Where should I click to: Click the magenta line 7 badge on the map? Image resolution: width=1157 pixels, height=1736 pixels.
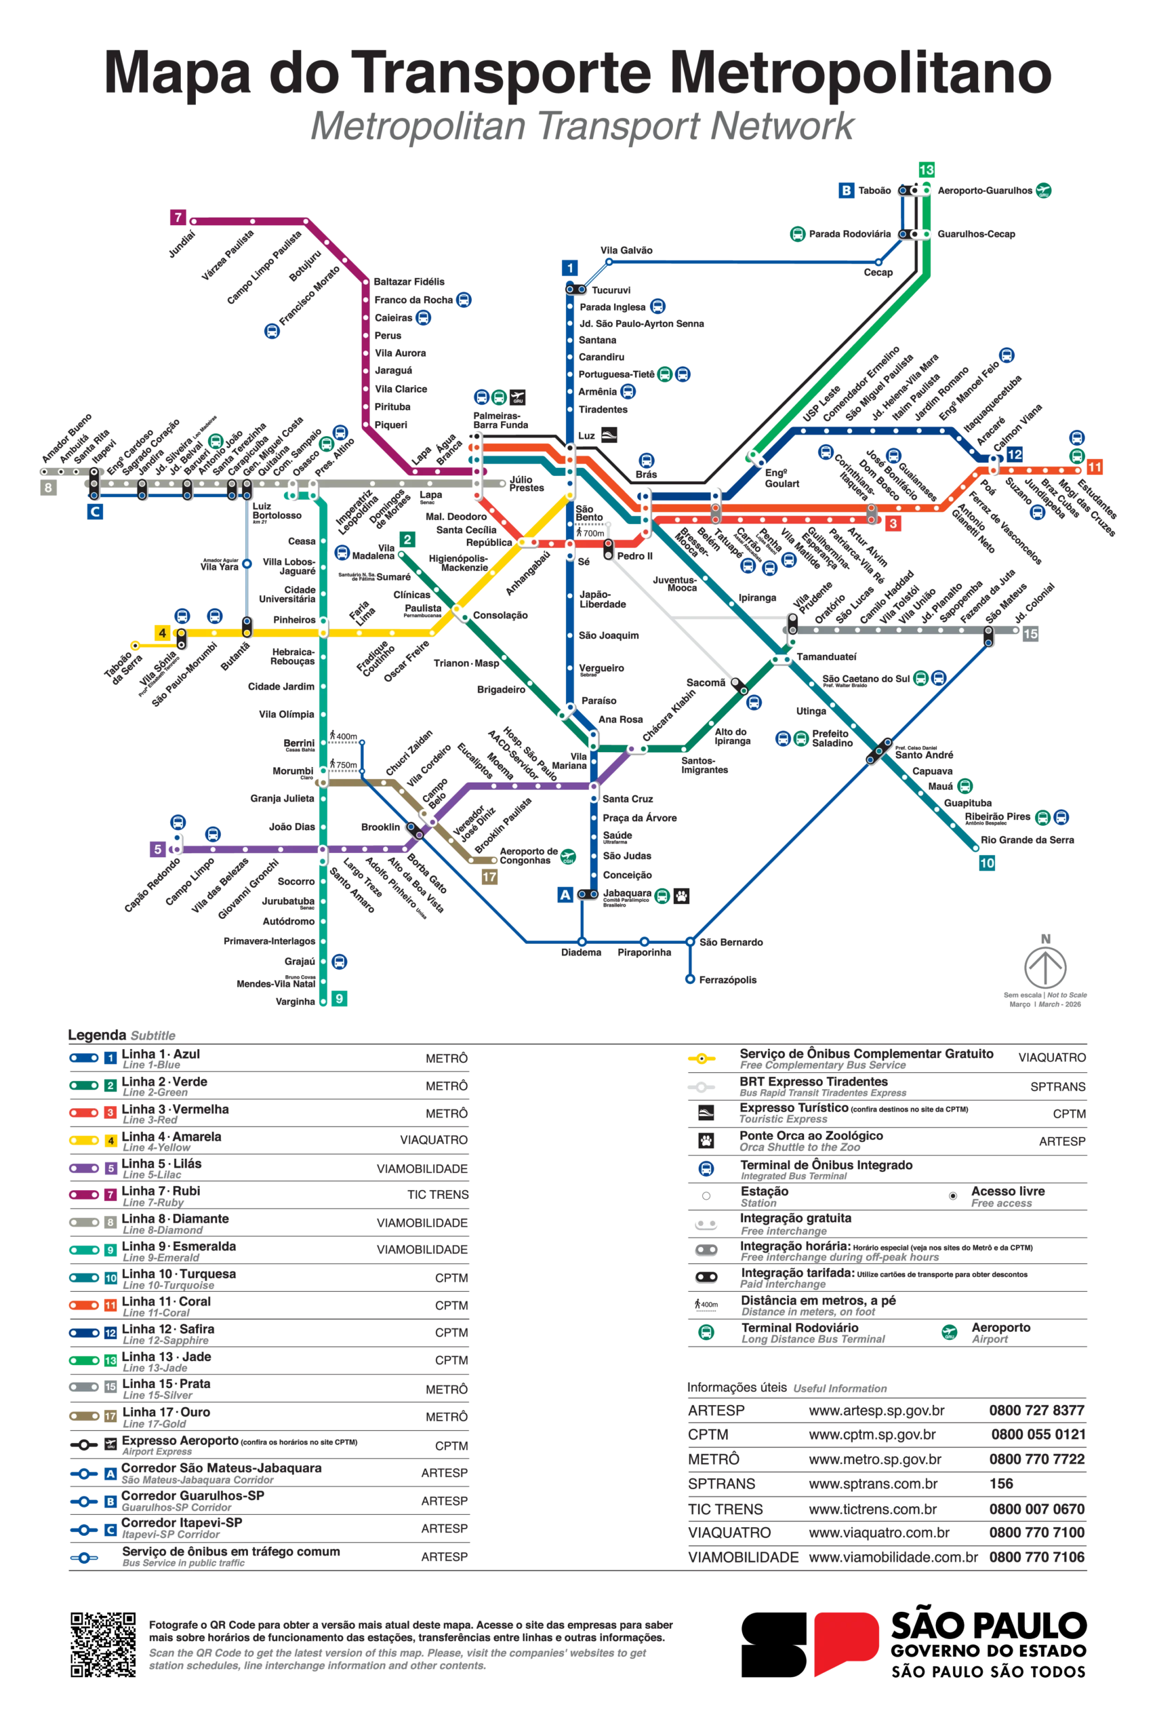pos(177,217)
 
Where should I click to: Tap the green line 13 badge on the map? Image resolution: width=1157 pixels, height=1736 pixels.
pos(926,170)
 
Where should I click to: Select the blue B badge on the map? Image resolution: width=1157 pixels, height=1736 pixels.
pos(847,191)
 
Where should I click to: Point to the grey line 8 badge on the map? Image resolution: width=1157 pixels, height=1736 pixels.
pos(48,487)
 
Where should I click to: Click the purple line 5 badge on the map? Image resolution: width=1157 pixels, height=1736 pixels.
pos(157,850)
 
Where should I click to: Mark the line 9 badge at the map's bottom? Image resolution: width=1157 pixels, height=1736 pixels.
pos(340,998)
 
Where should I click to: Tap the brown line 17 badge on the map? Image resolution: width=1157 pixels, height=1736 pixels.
pos(489,877)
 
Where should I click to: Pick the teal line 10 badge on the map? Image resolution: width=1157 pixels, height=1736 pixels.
pos(987,863)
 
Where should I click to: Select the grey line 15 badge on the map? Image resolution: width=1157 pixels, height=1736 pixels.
pos(1030,634)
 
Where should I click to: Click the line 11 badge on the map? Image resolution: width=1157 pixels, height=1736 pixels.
pos(1094,467)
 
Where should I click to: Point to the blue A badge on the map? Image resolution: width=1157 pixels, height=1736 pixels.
pos(565,894)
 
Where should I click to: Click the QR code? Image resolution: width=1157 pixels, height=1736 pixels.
pos(102,1646)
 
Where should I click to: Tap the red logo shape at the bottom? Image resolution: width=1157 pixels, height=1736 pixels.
pos(847,1642)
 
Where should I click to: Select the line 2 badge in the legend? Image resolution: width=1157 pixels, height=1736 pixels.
pos(110,1085)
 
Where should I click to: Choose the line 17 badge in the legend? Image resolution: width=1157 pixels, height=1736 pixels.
pos(110,1416)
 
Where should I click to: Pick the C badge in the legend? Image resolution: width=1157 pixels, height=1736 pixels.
pos(110,1530)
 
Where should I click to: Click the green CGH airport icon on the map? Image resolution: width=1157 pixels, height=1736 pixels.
pos(567,857)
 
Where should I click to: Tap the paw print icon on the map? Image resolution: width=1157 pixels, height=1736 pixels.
pos(682,896)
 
